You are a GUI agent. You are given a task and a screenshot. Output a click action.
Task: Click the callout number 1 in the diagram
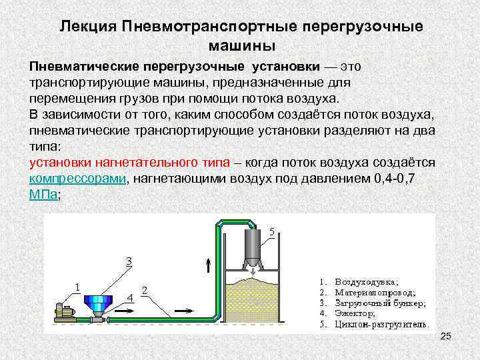[x=78, y=287]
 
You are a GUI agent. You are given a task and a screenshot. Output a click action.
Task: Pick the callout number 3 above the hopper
[x=129, y=261]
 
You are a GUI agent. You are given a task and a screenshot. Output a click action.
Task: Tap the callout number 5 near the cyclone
[x=271, y=232]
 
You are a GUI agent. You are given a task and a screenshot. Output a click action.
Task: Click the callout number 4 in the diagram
[x=131, y=297]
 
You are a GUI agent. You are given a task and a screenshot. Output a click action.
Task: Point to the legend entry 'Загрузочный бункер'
[x=380, y=302]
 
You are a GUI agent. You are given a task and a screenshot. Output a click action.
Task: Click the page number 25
[x=446, y=340]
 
